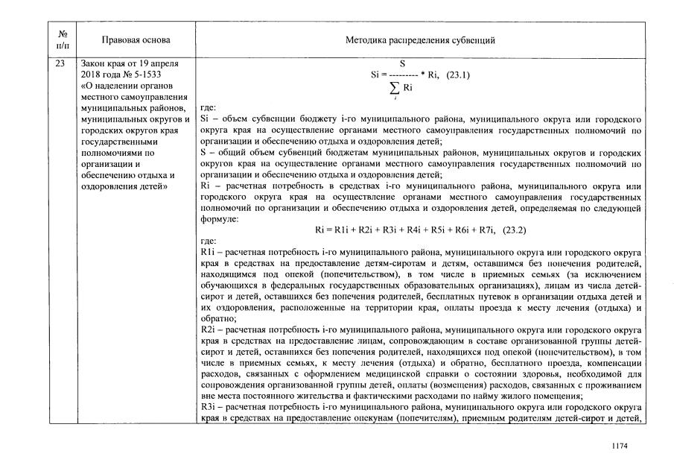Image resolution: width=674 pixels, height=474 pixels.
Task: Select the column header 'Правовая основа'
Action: pos(136,39)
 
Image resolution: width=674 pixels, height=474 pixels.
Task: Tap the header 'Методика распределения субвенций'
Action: pos(420,39)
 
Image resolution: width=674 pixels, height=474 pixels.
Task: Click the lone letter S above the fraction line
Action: pos(402,64)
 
